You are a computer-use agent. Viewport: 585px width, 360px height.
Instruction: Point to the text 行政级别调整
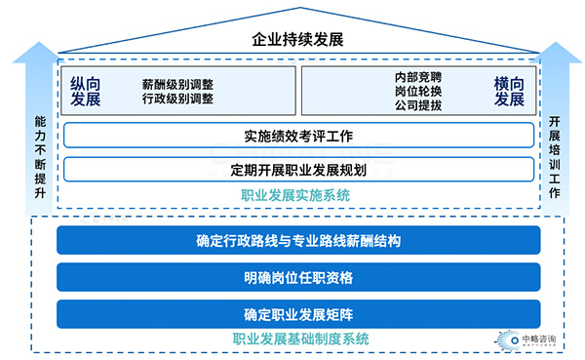(x=177, y=99)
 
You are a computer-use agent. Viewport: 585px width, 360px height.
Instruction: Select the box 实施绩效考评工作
(x=297, y=135)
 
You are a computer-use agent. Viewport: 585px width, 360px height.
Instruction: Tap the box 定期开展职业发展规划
(x=297, y=170)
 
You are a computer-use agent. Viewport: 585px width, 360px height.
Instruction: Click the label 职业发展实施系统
(x=297, y=195)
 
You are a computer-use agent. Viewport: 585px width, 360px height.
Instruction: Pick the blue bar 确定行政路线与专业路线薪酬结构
(x=297, y=241)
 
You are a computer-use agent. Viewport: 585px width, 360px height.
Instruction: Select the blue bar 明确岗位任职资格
(x=297, y=278)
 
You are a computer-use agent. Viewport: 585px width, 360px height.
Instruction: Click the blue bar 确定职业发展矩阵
(x=297, y=314)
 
